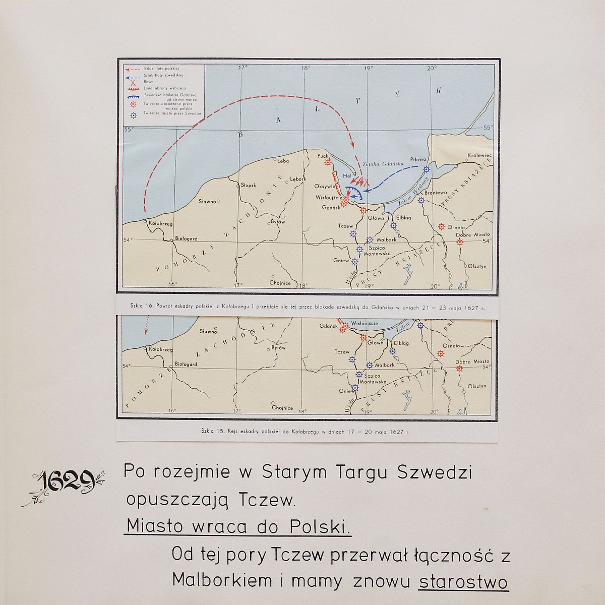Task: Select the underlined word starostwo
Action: coord(463,582)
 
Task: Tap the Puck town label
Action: coord(323,156)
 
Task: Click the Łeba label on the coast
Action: coord(282,161)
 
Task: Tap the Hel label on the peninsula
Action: coord(346,176)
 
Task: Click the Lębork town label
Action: coord(297,179)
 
